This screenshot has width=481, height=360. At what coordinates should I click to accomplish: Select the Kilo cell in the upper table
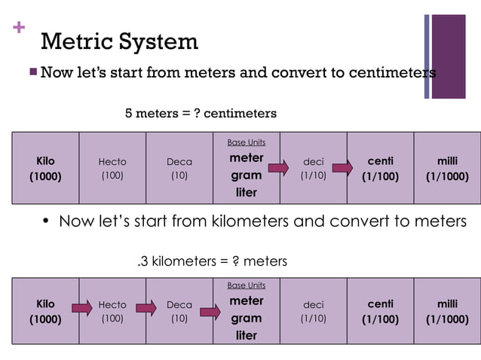(45, 169)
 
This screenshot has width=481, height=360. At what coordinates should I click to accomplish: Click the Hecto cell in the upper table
(112, 169)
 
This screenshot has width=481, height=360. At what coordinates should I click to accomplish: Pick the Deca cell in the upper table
(179, 169)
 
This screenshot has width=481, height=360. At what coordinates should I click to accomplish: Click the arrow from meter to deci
(278, 167)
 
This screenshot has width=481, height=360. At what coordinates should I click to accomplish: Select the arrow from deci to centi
(344, 167)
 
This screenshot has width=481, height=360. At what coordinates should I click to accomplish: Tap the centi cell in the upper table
(380, 169)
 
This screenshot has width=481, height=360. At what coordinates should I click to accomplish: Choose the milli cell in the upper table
(447, 169)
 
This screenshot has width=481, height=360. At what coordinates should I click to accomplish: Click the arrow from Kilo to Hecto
(81, 307)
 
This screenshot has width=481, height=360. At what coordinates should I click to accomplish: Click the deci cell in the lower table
(313, 311)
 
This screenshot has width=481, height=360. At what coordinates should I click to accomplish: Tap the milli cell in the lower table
(447, 311)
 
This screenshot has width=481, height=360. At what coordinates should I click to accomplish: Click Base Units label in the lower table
(247, 285)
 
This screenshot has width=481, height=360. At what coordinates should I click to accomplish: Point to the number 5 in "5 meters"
(128, 113)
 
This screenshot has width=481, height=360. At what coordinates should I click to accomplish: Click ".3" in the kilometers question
(142, 261)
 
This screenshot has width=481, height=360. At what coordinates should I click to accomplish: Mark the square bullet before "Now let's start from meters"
(32, 72)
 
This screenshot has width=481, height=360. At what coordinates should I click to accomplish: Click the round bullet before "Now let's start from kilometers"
(46, 221)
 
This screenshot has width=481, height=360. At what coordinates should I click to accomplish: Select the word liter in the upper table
(247, 193)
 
